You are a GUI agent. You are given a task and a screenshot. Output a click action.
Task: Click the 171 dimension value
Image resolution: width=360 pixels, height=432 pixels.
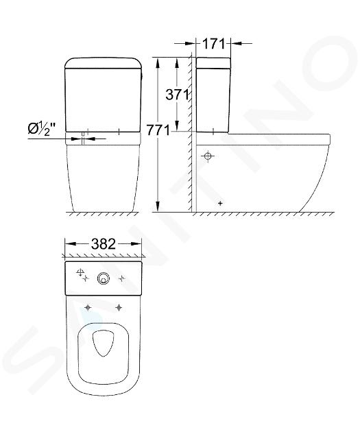tap(214, 43)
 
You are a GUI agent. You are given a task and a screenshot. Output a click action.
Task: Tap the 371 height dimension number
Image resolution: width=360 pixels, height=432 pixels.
tap(177, 95)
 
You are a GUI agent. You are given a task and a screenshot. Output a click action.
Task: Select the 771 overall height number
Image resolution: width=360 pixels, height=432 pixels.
tap(158, 130)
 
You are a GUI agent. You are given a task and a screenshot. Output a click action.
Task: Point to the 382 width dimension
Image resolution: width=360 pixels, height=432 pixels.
tap(104, 244)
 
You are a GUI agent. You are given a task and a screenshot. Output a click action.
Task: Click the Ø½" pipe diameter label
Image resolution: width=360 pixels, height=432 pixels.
tap(42, 129)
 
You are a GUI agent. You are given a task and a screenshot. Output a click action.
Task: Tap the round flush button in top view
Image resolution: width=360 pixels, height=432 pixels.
tap(103, 279)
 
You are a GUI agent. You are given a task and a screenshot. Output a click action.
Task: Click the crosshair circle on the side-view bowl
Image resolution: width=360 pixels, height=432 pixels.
tap(208, 156)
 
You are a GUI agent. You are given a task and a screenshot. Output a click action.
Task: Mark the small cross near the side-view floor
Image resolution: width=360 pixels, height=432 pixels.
tap(220, 204)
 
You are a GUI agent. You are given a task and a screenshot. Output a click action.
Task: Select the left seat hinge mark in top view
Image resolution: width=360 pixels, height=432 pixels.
tap(88, 307)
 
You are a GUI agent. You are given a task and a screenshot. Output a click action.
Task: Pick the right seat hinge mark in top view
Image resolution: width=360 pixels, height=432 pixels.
tap(119, 307)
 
